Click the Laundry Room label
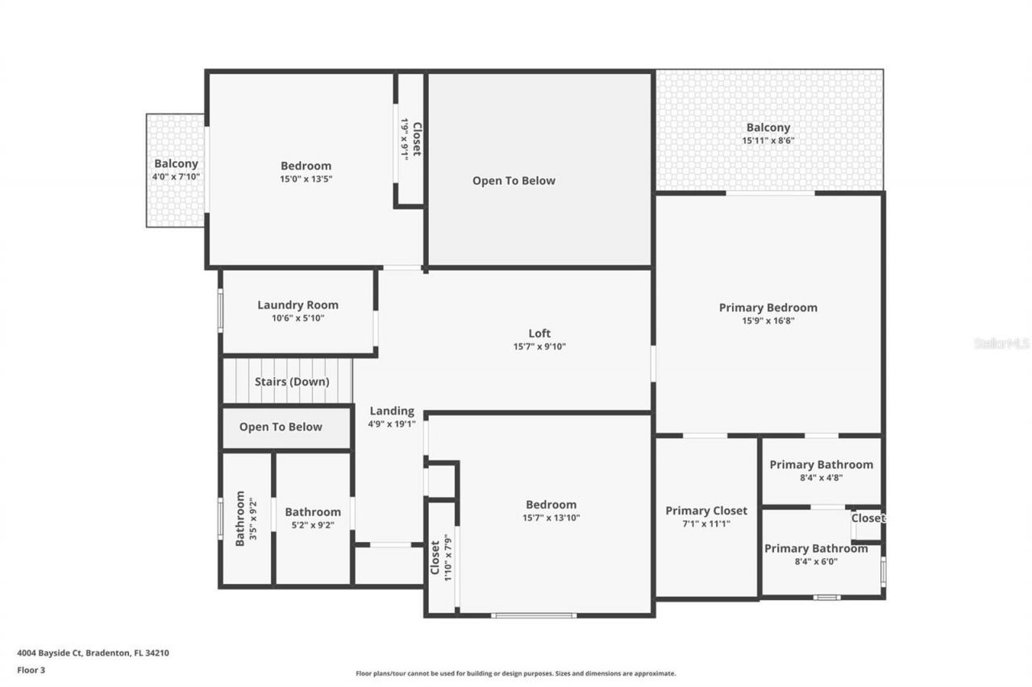coord(298,305)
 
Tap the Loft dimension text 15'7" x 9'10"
coord(539,347)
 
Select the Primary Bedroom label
coord(768,308)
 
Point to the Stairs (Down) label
coord(292,382)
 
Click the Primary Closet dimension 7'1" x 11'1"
coord(705,524)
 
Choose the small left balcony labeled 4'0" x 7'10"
coord(176,170)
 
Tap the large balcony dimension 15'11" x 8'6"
coord(768,141)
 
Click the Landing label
coord(392,412)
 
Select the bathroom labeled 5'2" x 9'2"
coord(312,518)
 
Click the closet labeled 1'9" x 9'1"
coord(410,139)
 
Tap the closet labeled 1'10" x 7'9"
coord(440,558)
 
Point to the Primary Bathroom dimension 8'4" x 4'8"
coord(820,478)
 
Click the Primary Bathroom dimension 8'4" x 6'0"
coord(815,562)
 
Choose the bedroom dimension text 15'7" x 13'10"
coord(551,519)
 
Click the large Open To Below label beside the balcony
coord(514,181)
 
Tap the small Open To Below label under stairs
coord(281,428)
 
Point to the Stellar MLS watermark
coord(1001,343)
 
